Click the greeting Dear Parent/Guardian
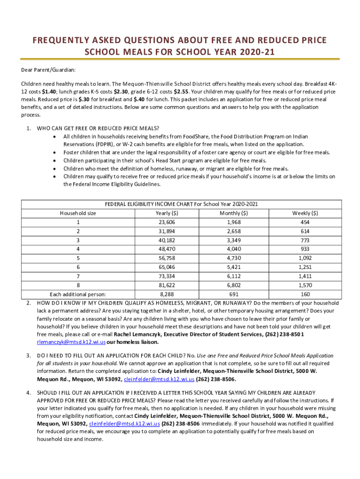[48, 70]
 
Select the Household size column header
[78, 213]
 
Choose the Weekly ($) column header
[305, 213]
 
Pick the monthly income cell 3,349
[233, 240]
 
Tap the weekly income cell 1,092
[305, 258]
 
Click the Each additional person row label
[78, 294]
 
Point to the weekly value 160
[305, 294]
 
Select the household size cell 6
[78, 267]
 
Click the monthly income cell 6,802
[233, 285]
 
